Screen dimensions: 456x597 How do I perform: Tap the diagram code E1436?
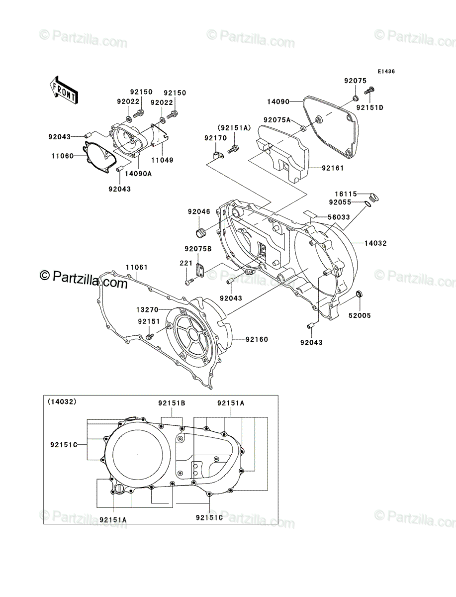pyautogui.click(x=386, y=72)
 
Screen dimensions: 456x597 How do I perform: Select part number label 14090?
pyautogui.click(x=278, y=101)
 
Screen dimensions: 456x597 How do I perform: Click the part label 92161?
pyautogui.click(x=333, y=168)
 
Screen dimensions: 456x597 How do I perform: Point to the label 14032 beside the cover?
pyautogui.click(x=375, y=243)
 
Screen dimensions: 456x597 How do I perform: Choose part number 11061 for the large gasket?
pyautogui.click(x=137, y=267)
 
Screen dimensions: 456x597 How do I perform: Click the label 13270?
pyautogui.click(x=147, y=309)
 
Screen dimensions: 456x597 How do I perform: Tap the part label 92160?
pyautogui.click(x=257, y=339)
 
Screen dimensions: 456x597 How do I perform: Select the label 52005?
pyautogui.click(x=360, y=315)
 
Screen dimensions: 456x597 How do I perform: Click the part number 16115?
pyautogui.click(x=346, y=194)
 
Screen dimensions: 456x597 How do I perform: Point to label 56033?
pyautogui.click(x=339, y=217)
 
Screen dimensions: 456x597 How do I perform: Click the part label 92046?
pyautogui.click(x=199, y=211)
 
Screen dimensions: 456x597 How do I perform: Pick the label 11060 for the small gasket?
pyautogui.click(x=63, y=156)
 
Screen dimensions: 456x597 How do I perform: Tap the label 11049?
pyautogui.click(x=162, y=160)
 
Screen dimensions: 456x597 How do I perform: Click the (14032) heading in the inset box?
pyautogui.click(x=62, y=401)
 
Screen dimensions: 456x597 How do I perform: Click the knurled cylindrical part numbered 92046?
pyautogui.click(x=200, y=233)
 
